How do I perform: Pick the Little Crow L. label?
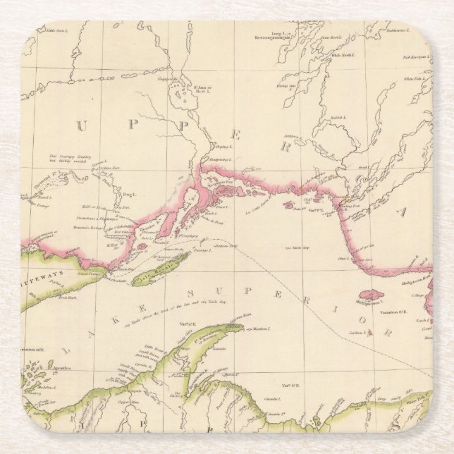tap(56, 30)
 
